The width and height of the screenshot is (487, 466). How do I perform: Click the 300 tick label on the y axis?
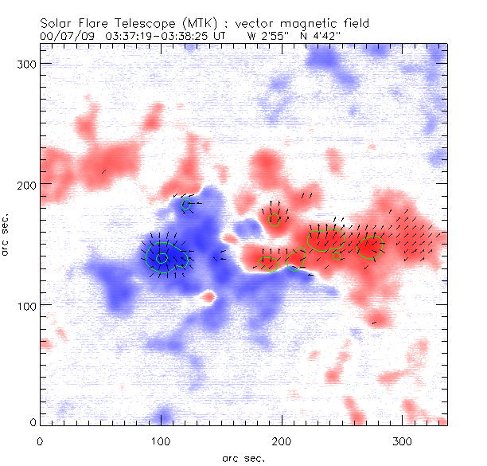28,63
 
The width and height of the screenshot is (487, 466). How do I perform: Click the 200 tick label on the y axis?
28,184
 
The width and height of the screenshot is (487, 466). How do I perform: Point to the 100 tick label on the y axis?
28,305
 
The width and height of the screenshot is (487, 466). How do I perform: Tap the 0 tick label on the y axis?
33,421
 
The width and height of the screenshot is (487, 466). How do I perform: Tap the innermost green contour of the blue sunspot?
162,258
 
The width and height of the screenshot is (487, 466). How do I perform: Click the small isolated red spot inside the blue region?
208,297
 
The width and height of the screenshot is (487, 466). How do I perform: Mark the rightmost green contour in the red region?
370,247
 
